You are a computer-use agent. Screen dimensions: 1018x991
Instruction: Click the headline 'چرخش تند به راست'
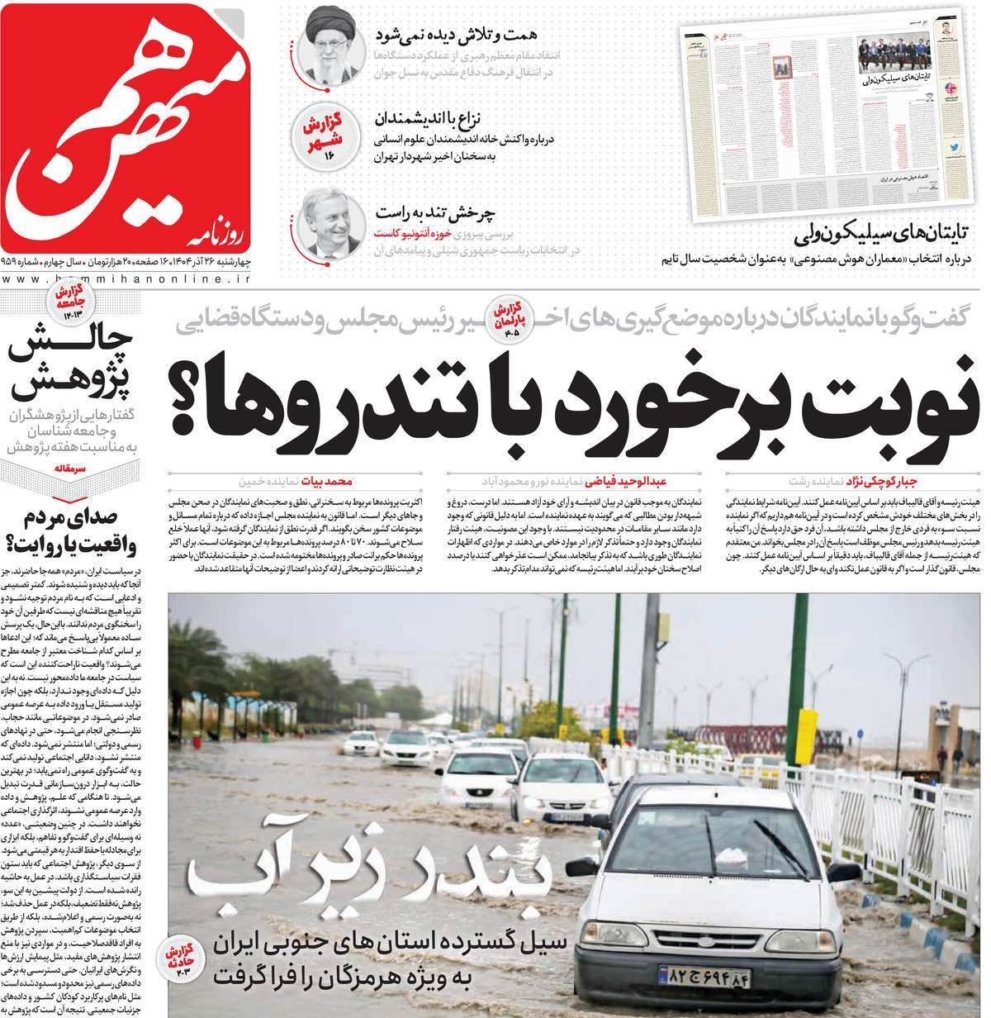pyautogui.click(x=437, y=213)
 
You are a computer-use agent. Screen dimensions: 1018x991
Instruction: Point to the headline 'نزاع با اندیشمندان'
pyautogui.click(x=434, y=117)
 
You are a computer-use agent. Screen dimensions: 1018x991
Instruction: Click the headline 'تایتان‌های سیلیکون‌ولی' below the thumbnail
pyautogui.click(x=884, y=234)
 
